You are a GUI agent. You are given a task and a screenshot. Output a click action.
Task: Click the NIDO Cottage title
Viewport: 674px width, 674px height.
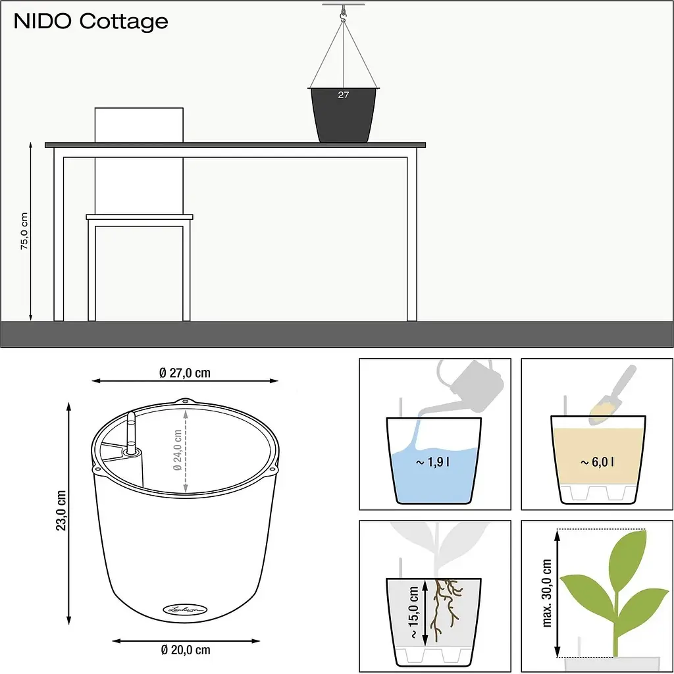[91, 22]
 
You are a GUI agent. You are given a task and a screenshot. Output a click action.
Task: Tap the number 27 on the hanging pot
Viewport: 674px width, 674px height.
[344, 95]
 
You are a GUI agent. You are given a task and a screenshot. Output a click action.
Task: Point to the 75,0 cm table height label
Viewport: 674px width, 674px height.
[24, 231]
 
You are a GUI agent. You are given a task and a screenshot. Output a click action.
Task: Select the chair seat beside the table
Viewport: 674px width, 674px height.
[140, 217]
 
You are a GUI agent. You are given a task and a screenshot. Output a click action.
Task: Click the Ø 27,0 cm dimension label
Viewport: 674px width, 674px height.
[185, 373]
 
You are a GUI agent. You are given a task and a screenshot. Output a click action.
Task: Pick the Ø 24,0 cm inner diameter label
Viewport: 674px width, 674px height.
[177, 450]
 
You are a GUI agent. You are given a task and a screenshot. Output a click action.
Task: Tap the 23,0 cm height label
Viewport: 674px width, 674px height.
[61, 510]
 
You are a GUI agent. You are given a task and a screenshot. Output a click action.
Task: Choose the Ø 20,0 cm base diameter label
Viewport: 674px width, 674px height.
[186, 650]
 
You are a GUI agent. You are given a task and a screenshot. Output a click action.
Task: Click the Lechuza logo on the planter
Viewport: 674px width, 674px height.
[185, 609]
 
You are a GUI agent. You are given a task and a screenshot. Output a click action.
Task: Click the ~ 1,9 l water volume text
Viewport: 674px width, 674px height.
[433, 462]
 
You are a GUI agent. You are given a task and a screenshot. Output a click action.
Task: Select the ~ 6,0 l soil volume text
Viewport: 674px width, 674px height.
[597, 462]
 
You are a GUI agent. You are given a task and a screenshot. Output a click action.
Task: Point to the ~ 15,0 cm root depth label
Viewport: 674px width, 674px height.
[413, 612]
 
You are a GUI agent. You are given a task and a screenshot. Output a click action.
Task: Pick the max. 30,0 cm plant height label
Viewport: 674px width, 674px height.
[547, 593]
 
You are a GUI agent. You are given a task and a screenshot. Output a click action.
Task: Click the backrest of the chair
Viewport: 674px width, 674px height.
[139, 124]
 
